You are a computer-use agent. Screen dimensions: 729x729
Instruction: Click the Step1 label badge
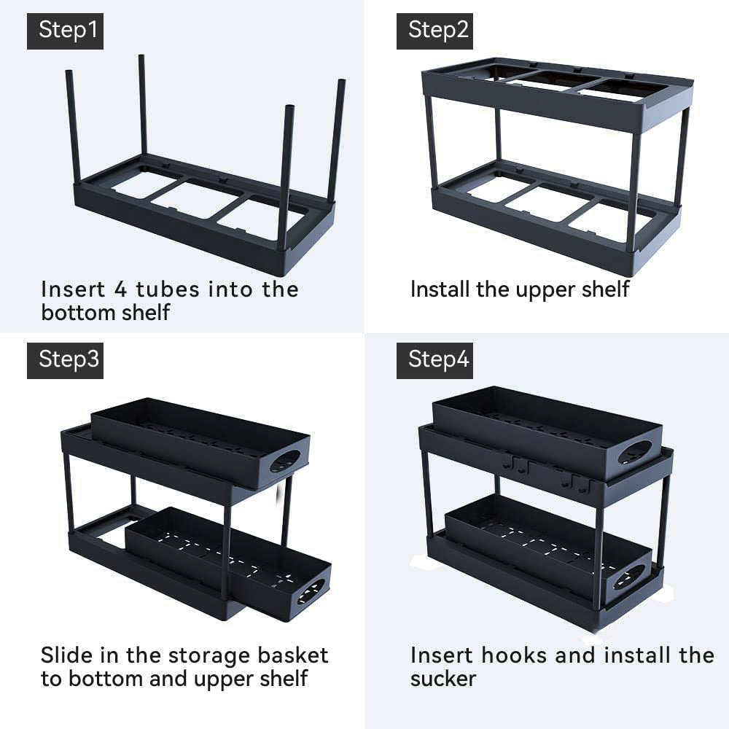(65, 31)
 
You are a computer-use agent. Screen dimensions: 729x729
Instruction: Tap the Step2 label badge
(434, 31)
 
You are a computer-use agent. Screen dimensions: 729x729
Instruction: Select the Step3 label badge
(65, 360)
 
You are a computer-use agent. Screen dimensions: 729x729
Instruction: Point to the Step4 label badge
(434, 360)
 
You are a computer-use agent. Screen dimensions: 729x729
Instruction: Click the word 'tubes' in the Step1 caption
(168, 289)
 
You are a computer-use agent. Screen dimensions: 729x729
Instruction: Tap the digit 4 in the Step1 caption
(120, 289)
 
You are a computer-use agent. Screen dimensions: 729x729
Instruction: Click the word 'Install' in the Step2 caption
(440, 289)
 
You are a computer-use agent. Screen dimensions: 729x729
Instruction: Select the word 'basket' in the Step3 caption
(293, 655)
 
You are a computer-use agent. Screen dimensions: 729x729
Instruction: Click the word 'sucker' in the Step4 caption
(443, 678)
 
